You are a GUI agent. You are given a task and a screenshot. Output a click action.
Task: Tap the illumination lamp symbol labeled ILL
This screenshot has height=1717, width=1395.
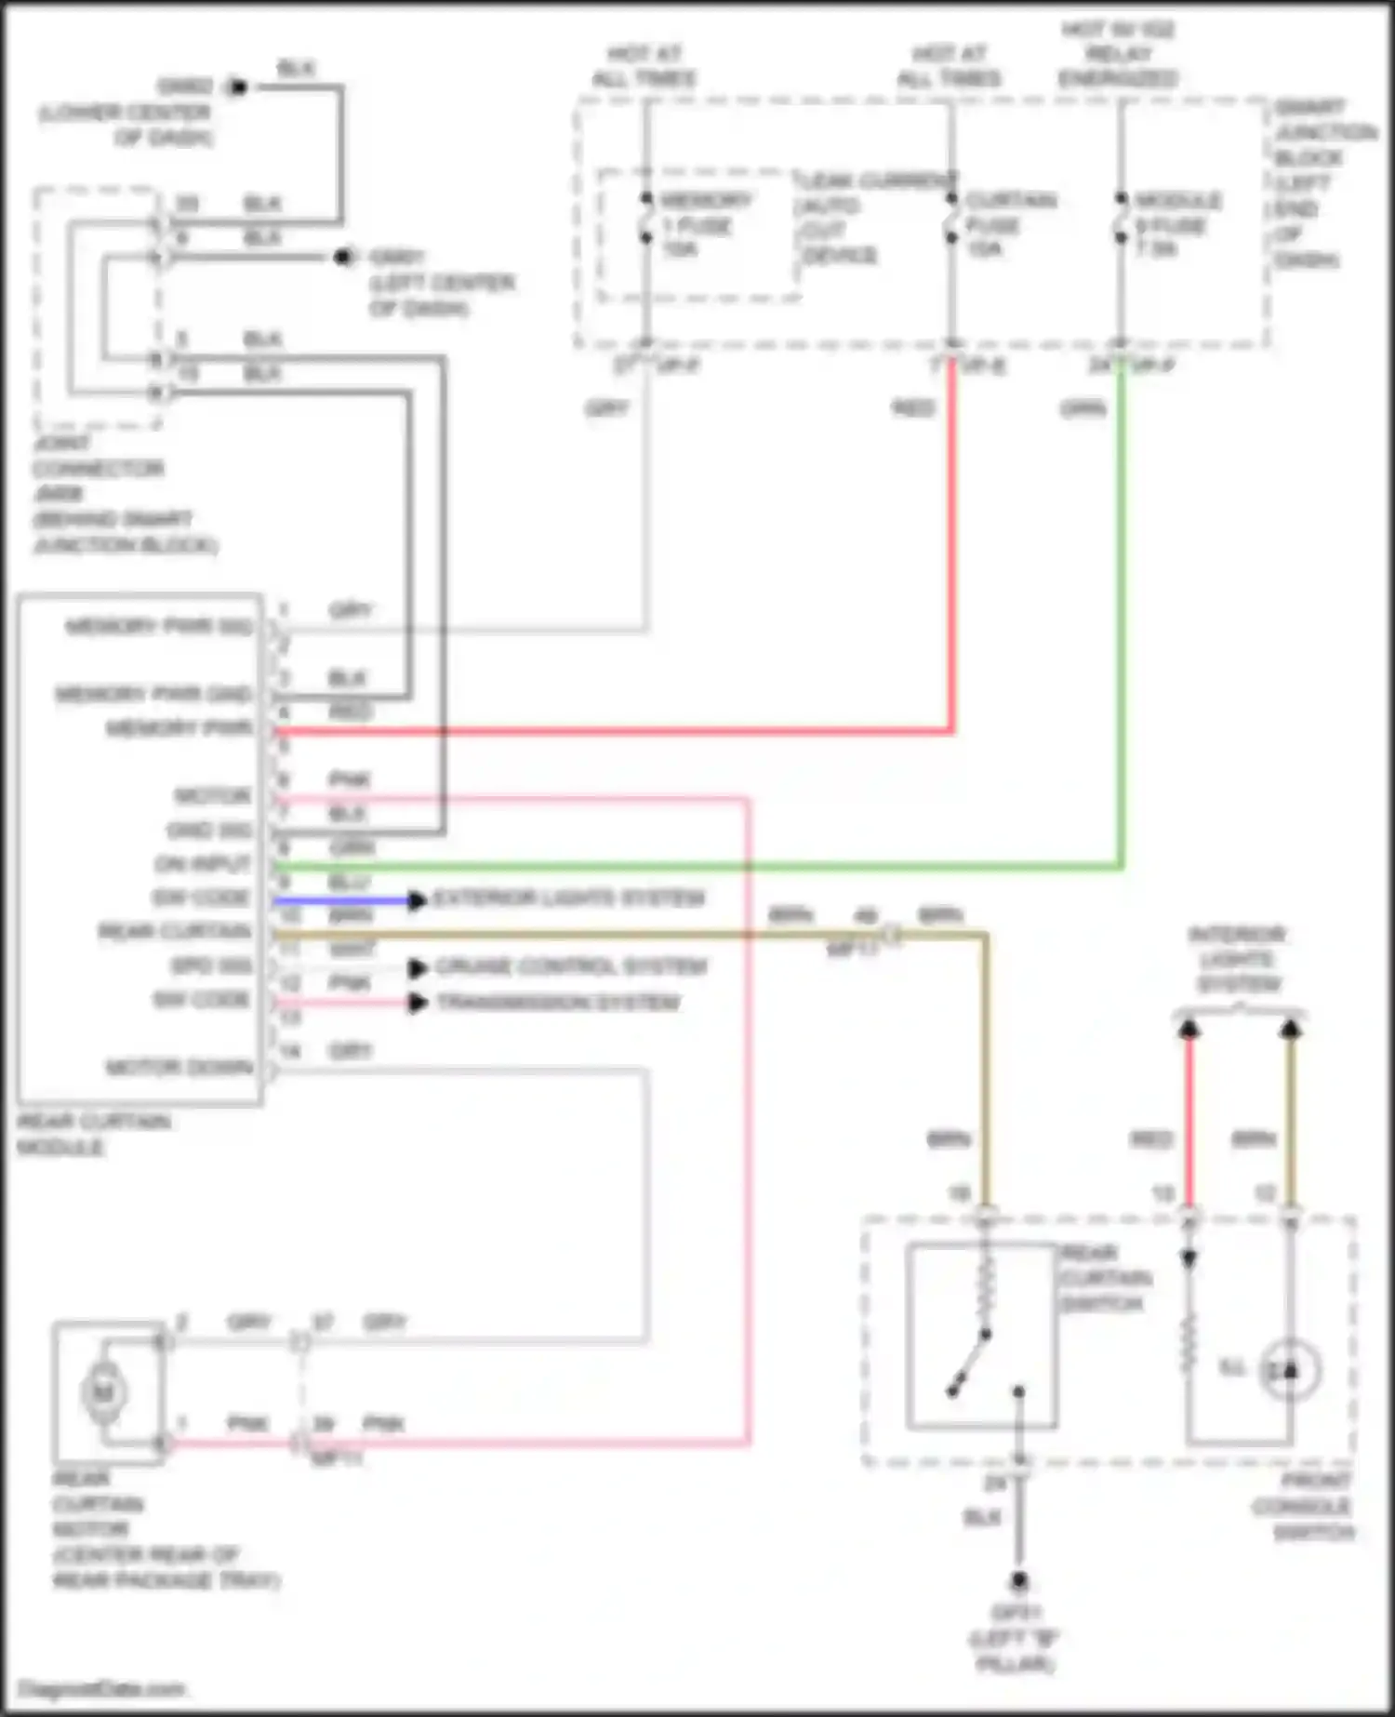1289,1370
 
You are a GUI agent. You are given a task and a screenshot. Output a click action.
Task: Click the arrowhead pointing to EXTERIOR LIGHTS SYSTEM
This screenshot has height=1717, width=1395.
418,899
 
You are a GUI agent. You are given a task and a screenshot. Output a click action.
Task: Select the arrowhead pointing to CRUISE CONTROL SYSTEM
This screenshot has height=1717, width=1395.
418,968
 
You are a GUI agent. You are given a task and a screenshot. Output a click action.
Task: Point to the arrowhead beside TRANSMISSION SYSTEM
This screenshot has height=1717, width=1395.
418,1003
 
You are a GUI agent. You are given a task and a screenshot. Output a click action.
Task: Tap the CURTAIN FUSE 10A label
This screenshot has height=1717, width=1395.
1006,224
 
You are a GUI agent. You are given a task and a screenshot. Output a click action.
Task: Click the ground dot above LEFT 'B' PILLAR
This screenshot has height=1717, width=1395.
1019,1580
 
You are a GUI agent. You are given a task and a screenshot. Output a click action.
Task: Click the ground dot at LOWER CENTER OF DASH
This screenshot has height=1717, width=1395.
238,87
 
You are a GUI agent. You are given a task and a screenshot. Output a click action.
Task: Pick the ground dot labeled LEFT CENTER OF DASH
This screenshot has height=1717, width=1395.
344,257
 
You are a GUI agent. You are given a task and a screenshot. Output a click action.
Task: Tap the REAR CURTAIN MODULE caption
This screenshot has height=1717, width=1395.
93,1134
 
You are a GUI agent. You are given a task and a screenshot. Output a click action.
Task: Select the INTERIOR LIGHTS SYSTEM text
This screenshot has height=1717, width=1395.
1238,959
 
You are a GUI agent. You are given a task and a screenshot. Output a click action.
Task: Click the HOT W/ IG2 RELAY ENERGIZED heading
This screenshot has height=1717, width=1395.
1118,54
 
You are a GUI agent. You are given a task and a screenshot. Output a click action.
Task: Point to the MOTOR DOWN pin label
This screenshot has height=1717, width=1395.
179,1067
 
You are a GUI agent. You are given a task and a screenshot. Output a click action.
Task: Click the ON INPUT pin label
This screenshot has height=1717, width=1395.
203,864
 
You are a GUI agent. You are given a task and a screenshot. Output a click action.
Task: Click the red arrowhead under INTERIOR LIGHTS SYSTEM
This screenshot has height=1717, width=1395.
1189,1029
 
